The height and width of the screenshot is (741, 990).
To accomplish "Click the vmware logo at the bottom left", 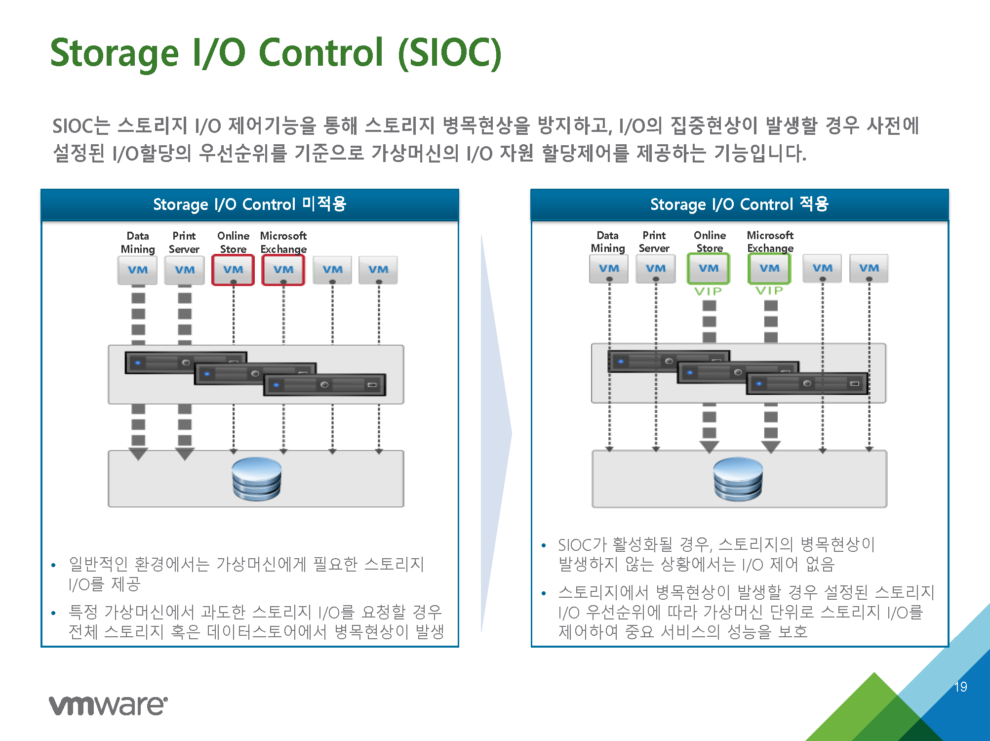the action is [108, 705].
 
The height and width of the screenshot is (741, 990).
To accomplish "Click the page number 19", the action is [960, 687].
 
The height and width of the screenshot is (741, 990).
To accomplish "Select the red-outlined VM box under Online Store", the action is [233, 270].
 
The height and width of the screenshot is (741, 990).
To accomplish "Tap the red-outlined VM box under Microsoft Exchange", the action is [283, 270].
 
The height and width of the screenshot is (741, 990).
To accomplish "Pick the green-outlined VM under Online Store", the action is [709, 268].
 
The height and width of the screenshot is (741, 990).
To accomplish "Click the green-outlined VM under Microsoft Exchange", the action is [769, 268].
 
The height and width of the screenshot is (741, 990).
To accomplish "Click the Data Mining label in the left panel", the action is [138, 242].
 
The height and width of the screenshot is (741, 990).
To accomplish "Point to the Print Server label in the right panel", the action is [654, 242].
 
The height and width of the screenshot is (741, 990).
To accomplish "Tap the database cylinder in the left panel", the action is [257, 479].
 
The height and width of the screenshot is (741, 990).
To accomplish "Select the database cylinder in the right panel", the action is [738, 479].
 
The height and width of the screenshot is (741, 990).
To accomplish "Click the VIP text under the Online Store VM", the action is [708, 291].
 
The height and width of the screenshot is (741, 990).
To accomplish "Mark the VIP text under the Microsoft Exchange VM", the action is [769, 290].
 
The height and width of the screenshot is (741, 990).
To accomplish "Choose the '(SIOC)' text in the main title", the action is [450, 53].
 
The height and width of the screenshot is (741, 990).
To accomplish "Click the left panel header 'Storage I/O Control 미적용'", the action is [250, 204].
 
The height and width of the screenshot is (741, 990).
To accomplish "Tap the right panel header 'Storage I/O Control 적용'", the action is [739, 204].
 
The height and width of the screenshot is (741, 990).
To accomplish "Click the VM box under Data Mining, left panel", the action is [137, 270].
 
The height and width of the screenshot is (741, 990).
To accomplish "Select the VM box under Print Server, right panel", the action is [656, 268].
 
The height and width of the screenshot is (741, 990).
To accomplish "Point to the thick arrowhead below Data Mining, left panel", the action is [138, 453].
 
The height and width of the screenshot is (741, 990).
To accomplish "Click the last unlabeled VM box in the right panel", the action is [869, 268].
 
